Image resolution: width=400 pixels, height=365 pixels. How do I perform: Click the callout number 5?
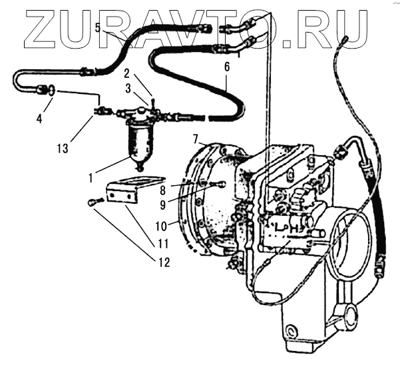[x=98, y=28]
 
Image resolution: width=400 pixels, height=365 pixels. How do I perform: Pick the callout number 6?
[x=226, y=67]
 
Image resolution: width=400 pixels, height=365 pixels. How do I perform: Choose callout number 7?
[x=196, y=139]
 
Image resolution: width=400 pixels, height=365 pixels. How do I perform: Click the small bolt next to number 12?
[x=93, y=200]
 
